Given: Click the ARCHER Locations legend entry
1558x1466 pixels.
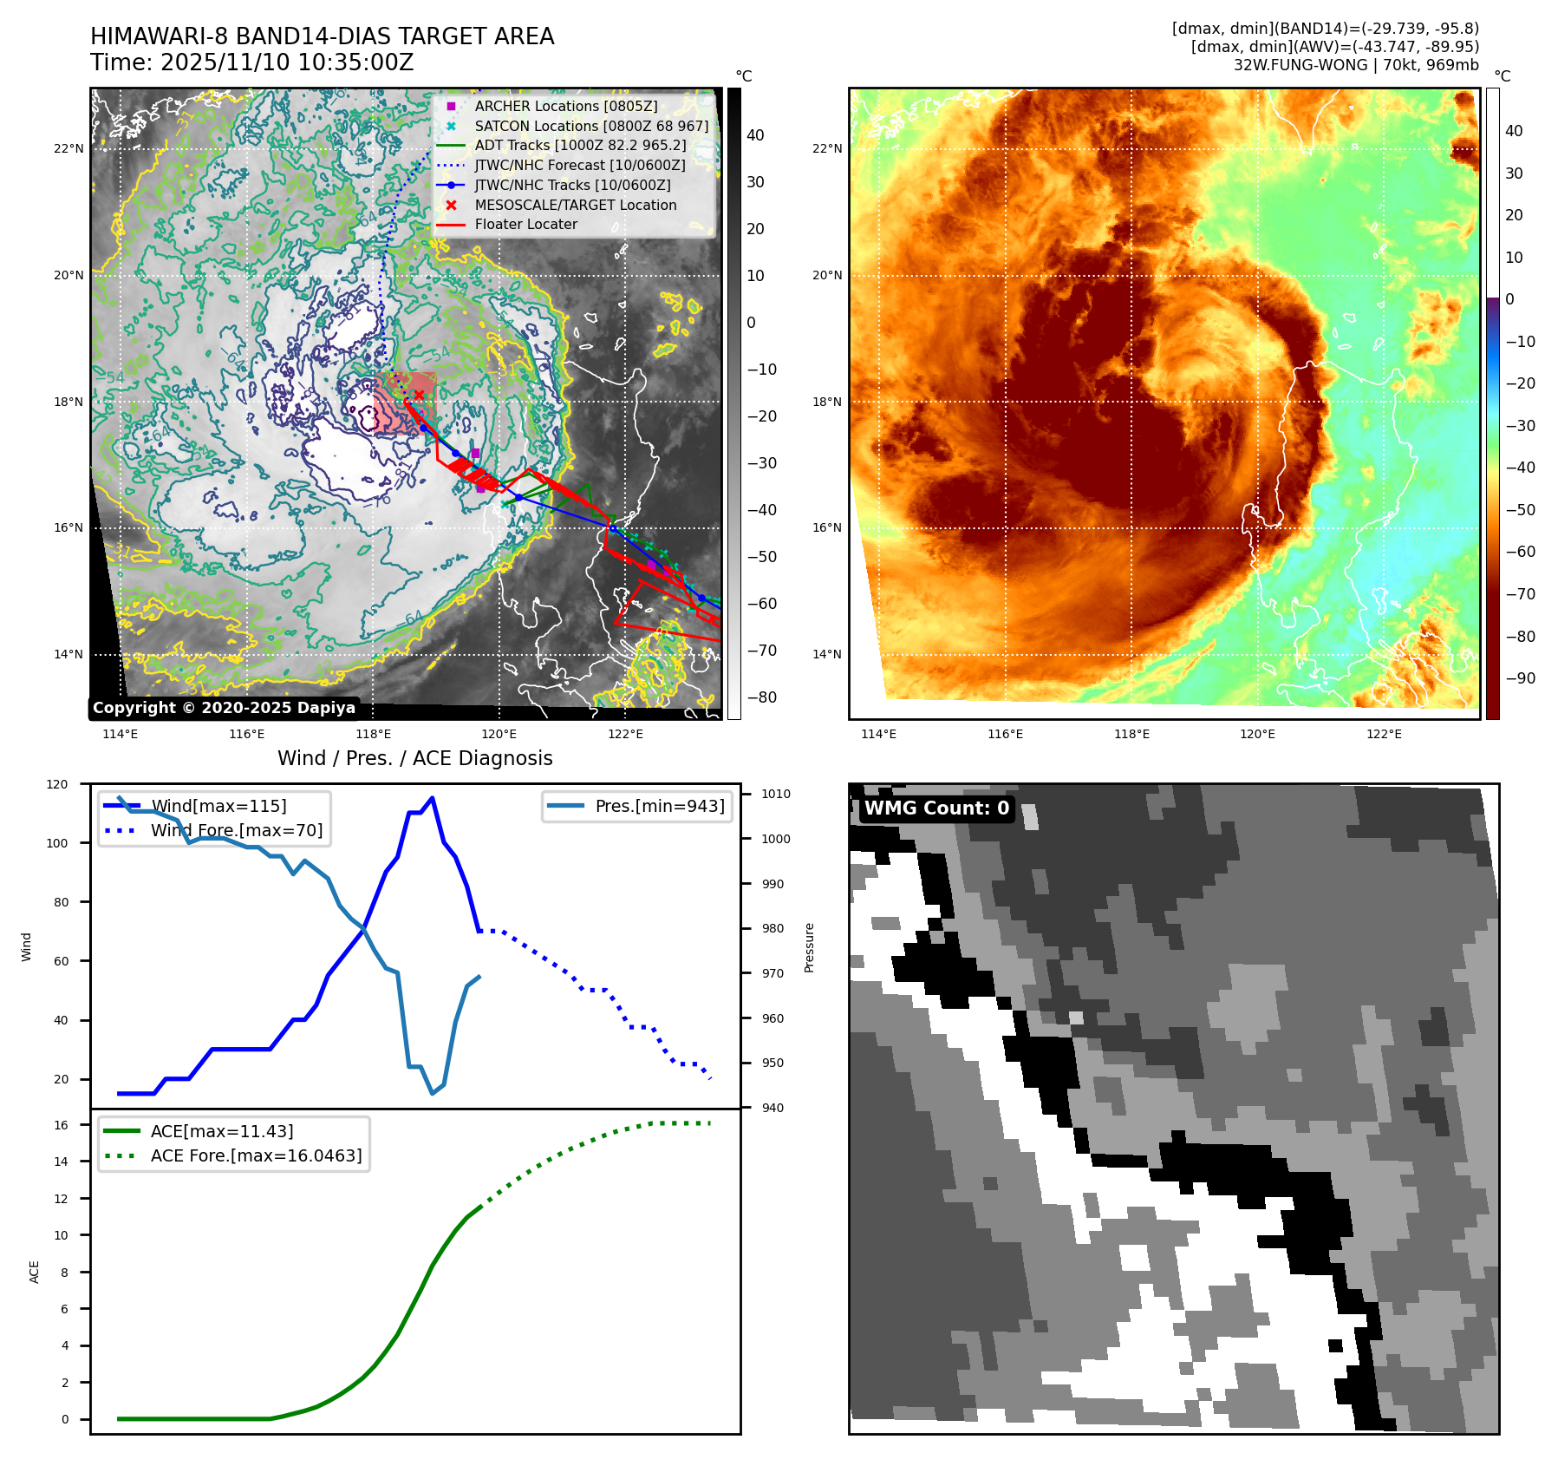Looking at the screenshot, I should (565, 106).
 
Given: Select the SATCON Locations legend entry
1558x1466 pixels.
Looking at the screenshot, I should (591, 126).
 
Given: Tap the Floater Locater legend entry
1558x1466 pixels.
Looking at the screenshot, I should (525, 224).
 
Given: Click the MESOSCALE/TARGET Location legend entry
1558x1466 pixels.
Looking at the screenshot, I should (575, 205).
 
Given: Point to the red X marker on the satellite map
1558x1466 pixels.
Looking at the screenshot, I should (419, 395).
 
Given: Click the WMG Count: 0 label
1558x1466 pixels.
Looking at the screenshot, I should (936, 808).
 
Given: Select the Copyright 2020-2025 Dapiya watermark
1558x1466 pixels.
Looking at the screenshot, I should (224, 708).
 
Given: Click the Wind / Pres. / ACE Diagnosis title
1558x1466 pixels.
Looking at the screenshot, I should (414, 758).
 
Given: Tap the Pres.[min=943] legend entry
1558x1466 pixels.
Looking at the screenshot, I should (659, 806).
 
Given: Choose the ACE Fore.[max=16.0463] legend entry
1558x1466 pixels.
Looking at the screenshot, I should (256, 1155).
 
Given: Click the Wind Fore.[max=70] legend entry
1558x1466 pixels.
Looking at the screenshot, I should (236, 830).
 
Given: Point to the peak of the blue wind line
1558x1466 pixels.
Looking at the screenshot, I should (432, 798).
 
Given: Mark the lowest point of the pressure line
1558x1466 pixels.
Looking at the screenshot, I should (432, 1093).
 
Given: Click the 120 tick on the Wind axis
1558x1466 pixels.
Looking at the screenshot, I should (57, 784).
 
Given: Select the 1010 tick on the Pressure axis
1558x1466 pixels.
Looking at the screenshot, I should (776, 794).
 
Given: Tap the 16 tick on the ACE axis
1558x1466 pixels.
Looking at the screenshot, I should (61, 1125).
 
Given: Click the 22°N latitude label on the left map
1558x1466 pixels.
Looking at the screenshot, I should (68, 148).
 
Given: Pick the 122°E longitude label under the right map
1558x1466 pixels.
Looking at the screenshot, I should (1384, 734).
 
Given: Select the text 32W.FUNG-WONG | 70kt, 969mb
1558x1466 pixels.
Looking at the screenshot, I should (1356, 65).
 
